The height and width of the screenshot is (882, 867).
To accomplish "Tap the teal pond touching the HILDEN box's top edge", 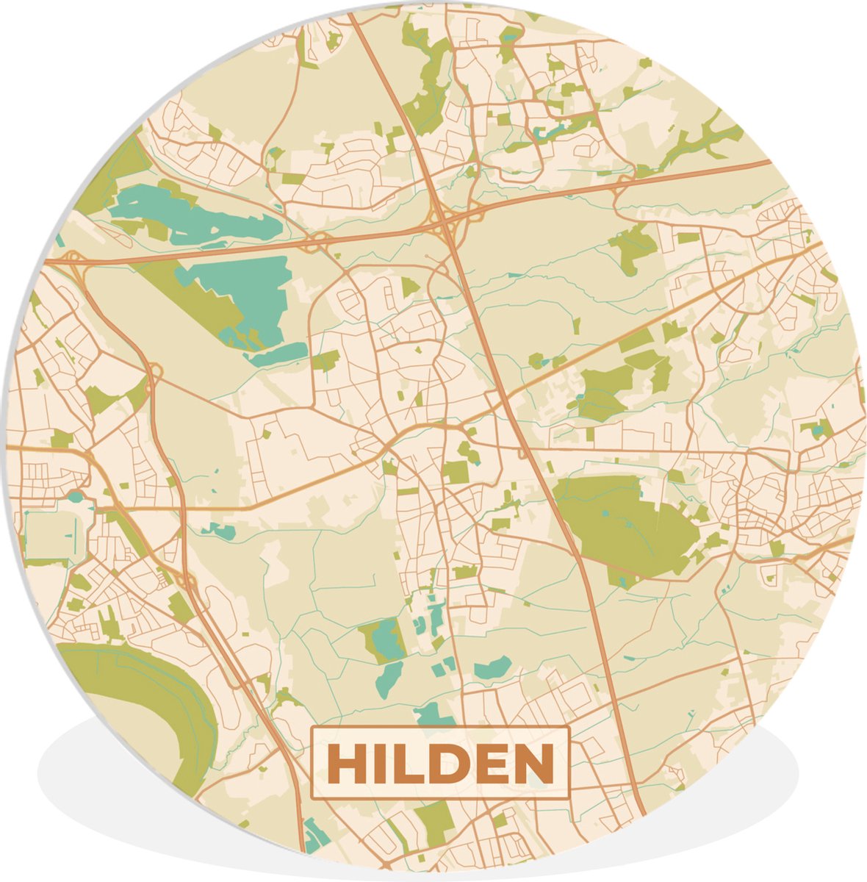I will (433, 714).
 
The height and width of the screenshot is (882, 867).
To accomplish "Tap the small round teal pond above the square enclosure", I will (76, 497).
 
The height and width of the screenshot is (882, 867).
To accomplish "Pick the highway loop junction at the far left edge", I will (73, 259).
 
